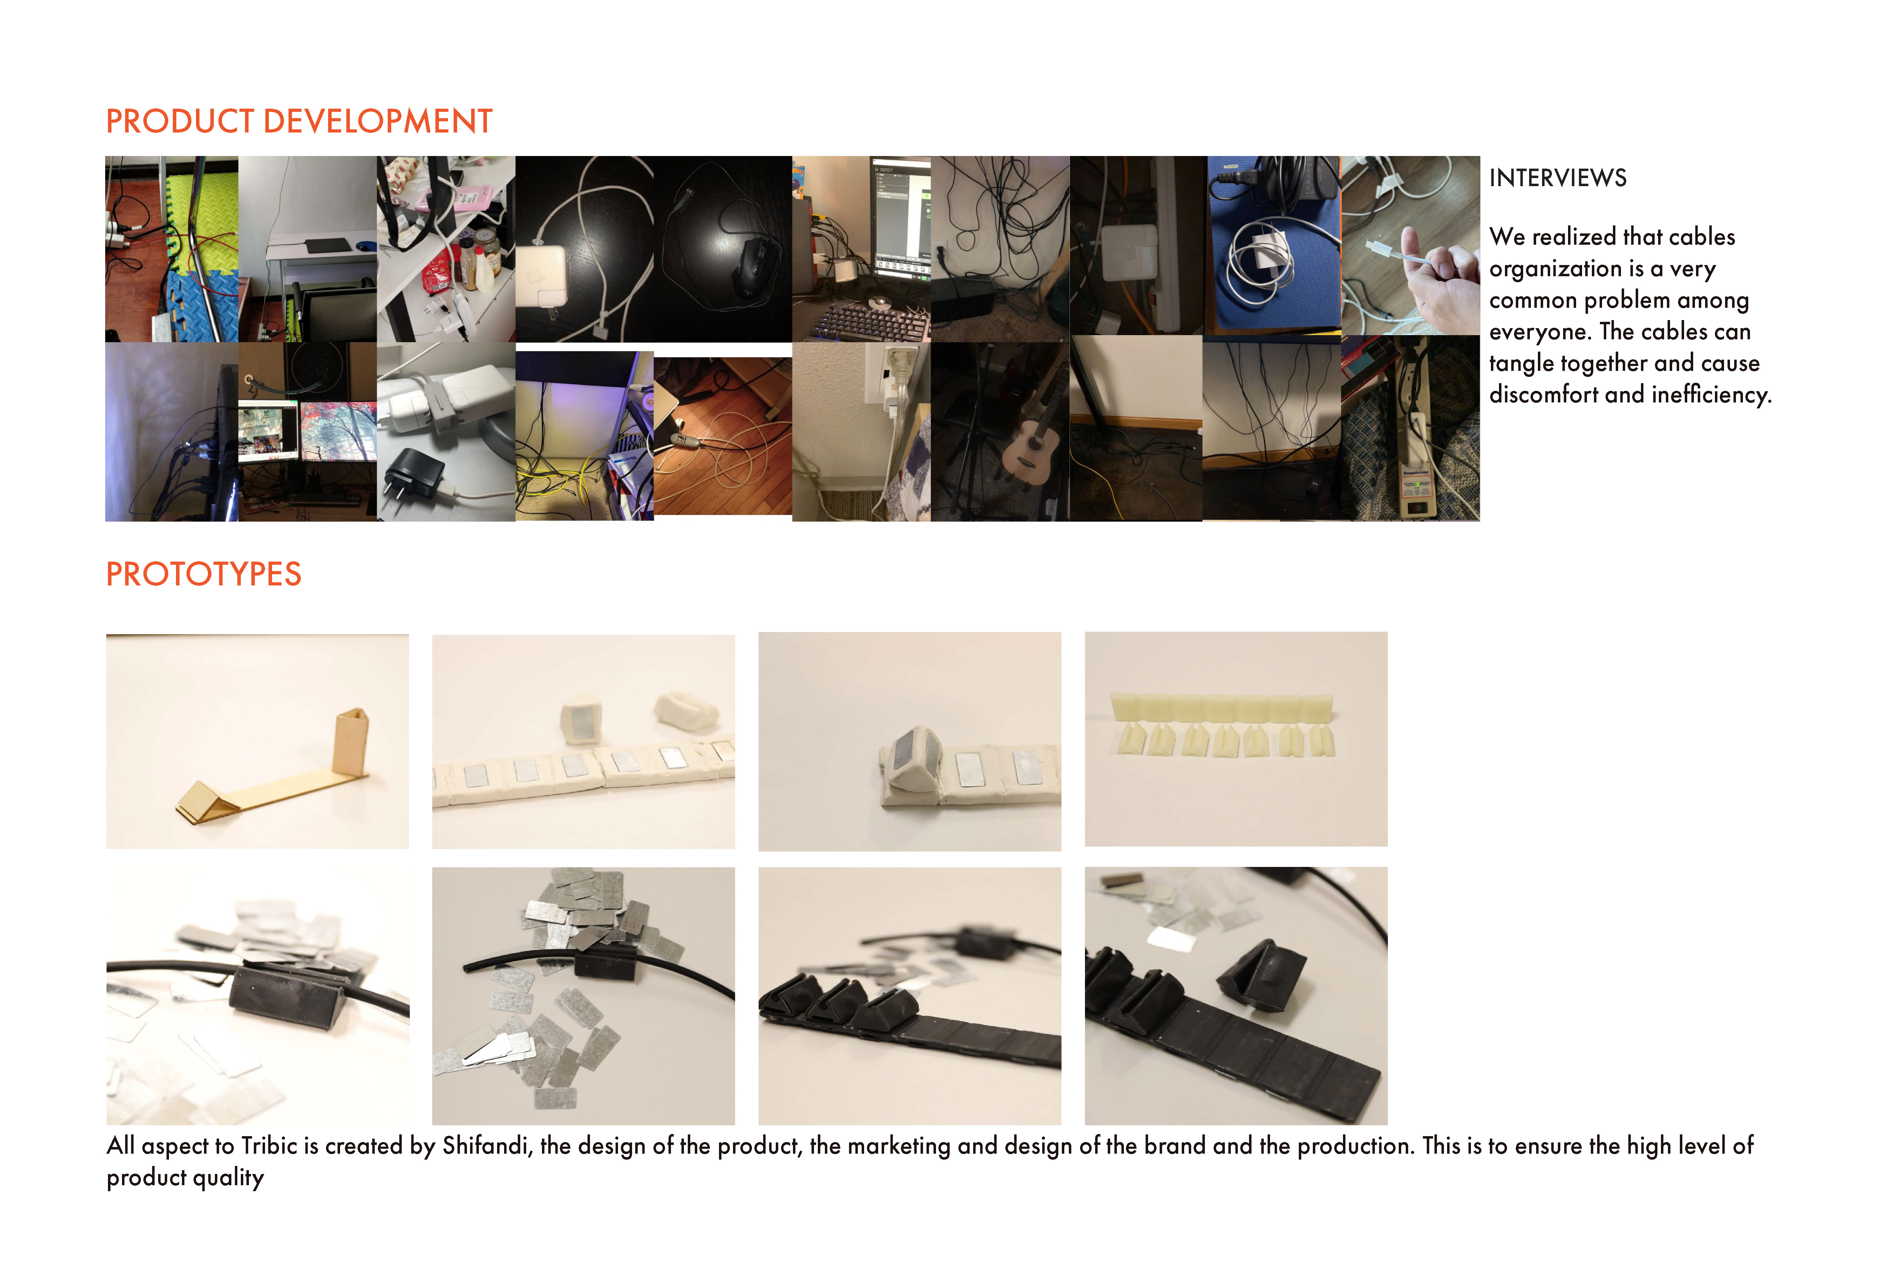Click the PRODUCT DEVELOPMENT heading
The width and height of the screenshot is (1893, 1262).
(x=299, y=122)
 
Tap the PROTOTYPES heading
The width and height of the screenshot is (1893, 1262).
(x=204, y=575)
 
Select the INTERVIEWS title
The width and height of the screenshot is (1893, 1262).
(x=1558, y=178)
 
